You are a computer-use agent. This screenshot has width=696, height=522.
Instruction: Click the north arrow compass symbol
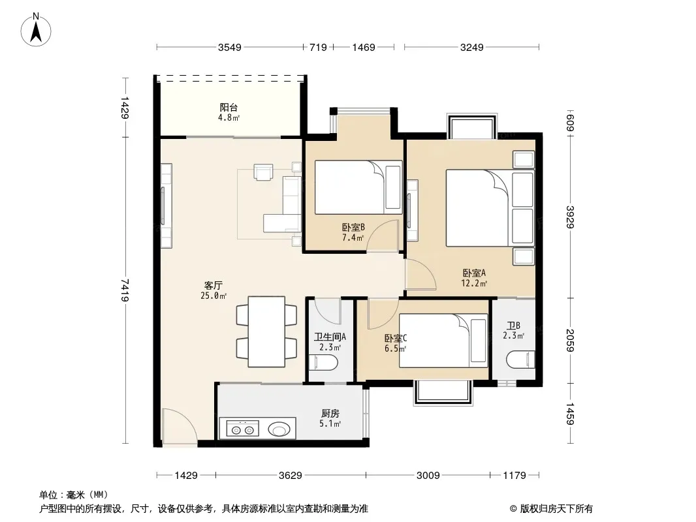click(36, 29)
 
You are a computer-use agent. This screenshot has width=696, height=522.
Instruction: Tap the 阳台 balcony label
click(229, 107)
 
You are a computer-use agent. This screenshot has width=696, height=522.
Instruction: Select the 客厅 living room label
click(214, 285)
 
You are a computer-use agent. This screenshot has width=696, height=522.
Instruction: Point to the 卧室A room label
click(474, 273)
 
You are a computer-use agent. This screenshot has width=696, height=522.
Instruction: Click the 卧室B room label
click(353, 227)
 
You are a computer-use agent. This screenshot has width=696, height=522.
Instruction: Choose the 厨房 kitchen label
click(330, 413)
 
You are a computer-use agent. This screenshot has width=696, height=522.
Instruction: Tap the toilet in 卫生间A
click(323, 362)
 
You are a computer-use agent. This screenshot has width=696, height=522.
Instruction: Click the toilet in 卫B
click(520, 360)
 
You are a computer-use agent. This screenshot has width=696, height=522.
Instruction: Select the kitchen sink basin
click(279, 429)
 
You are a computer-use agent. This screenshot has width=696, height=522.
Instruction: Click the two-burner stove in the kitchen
click(243, 429)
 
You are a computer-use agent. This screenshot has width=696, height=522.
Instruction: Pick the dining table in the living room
click(266, 331)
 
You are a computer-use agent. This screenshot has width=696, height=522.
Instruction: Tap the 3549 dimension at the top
click(229, 47)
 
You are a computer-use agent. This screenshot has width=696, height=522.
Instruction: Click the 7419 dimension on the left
click(125, 290)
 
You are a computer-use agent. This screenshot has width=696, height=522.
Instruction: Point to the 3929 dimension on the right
click(571, 217)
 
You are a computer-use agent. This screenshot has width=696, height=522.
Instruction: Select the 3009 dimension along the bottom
click(428, 476)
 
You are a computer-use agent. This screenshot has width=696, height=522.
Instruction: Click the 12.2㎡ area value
click(474, 283)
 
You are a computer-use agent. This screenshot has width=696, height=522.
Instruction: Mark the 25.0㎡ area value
click(214, 296)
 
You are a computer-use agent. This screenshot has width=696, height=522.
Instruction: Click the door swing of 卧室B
click(383, 236)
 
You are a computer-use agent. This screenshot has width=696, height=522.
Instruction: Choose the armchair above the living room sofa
click(263, 172)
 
